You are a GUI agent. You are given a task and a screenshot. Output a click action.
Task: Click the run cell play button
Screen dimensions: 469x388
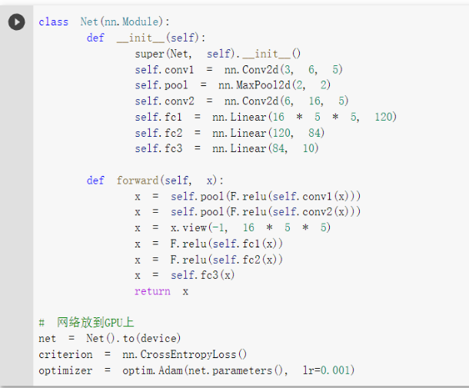16,22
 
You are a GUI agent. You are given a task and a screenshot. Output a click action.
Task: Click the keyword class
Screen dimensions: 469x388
53,22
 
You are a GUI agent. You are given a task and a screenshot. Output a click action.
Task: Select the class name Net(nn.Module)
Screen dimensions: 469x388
125,22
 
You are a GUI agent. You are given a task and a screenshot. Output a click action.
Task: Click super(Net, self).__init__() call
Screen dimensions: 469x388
218,54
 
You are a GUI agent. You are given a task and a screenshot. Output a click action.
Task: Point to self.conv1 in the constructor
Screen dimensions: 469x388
158,69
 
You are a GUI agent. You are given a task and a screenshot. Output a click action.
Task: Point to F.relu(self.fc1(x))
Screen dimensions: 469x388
227,244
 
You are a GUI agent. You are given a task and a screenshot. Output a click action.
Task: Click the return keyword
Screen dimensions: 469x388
152,291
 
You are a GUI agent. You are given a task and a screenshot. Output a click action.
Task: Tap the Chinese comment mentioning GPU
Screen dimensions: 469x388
91,323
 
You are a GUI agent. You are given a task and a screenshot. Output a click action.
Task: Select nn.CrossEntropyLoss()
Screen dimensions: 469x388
185,354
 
